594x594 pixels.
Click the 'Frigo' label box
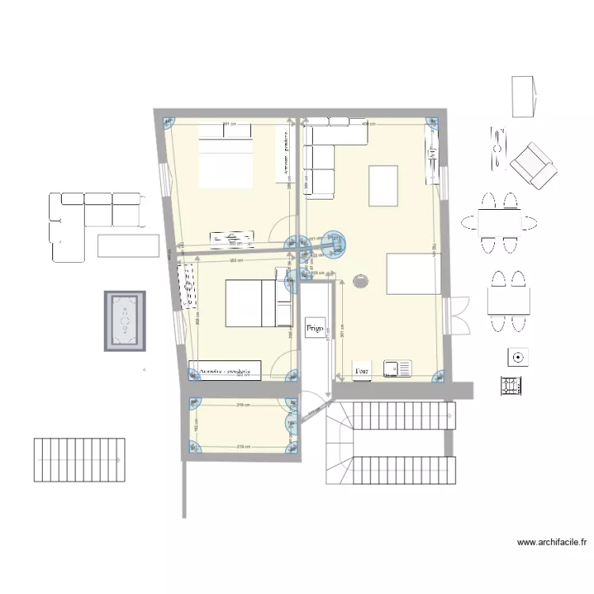314,325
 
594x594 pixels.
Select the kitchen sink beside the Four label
398,368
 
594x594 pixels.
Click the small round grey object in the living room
361,280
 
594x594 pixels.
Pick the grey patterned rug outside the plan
125,321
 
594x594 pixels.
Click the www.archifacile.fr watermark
551,543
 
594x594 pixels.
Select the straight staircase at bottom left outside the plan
79,459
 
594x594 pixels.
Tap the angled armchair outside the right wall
533,164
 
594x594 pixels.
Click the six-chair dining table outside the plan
500,223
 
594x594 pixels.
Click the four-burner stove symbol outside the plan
511,386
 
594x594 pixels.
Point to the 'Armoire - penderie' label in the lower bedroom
225,370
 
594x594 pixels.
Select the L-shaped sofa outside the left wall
87,222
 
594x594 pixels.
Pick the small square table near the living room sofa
383,185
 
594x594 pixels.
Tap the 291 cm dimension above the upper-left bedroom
230,124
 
